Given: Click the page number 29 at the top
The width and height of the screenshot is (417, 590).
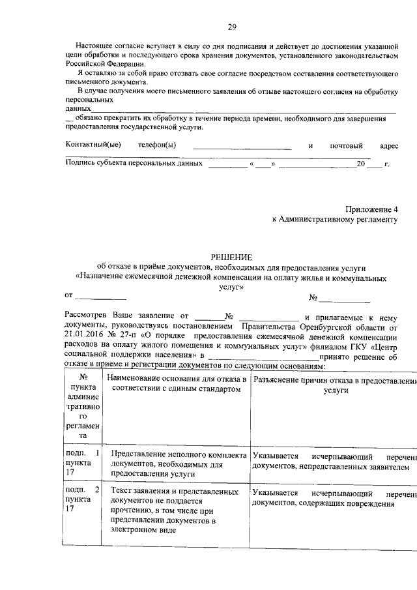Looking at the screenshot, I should (231, 27).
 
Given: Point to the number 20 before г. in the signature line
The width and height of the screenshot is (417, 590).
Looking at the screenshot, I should (360, 164).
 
